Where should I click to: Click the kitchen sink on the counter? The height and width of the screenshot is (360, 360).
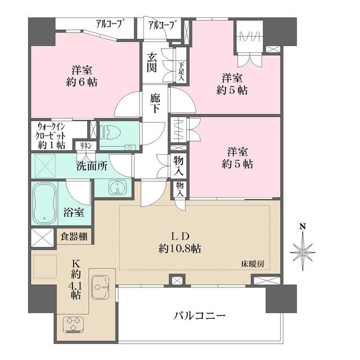coord(101,289)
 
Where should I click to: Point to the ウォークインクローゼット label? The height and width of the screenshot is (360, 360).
coord(51,136)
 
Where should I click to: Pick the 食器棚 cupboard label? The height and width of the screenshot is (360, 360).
coord(74,236)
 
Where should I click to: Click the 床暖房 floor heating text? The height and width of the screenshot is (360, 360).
coord(253,263)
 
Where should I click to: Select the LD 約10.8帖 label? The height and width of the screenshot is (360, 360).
coord(181,242)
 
